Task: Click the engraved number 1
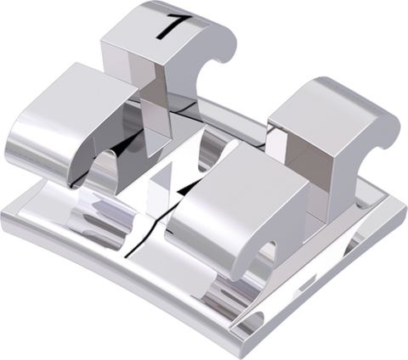pyautogui.click(x=167, y=26)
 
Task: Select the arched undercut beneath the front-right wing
pyautogui.click(x=263, y=255)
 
